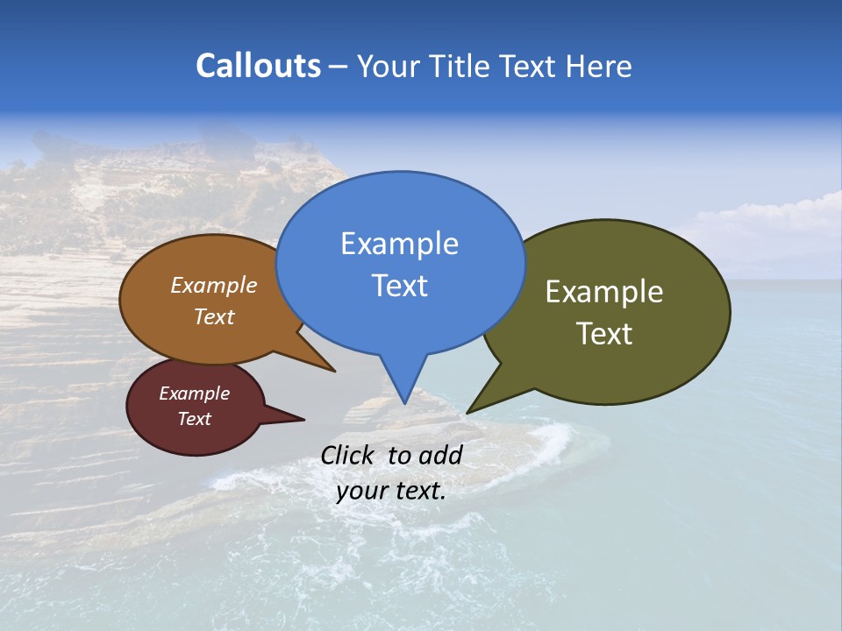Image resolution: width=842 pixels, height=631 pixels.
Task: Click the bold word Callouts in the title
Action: (258, 66)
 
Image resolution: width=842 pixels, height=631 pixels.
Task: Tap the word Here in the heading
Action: (598, 67)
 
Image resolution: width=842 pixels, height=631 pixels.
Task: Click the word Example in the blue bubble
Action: (399, 244)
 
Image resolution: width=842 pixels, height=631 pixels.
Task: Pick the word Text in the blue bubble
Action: (399, 286)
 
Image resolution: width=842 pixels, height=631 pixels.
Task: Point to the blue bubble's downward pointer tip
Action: (404, 402)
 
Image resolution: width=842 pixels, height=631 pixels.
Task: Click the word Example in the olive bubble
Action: (604, 292)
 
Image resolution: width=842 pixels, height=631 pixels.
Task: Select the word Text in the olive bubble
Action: (604, 334)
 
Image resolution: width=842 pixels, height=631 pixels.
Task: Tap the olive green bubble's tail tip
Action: (468, 412)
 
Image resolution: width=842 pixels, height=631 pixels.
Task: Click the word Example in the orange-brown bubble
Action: (213, 286)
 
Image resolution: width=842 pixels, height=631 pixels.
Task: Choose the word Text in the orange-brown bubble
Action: (213, 316)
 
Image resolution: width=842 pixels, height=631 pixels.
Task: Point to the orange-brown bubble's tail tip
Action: (333, 371)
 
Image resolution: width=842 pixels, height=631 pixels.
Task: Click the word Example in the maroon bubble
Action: (194, 393)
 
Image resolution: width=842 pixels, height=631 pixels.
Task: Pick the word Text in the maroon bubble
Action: (194, 419)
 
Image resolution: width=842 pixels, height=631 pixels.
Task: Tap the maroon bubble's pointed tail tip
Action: (303, 419)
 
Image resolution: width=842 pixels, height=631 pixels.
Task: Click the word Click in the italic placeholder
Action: (349, 455)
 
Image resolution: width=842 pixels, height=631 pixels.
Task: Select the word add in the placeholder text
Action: (440, 455)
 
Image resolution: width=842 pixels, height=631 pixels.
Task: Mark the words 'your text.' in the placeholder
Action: (391, 491)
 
